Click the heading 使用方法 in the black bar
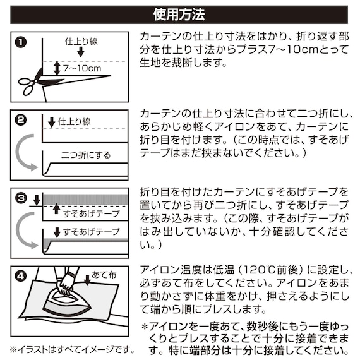coord(179,14)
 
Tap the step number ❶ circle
coord(21,43)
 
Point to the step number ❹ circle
coord(21,275)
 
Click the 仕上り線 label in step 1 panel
coord(82,42)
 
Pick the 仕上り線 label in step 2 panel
coord(75,120)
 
